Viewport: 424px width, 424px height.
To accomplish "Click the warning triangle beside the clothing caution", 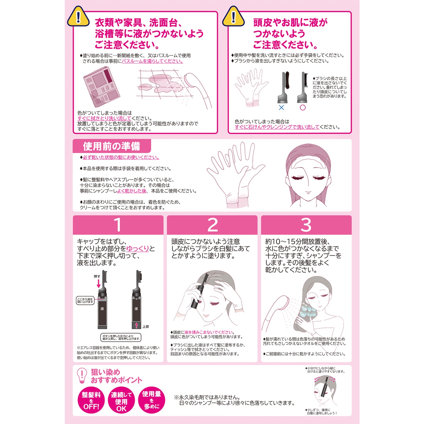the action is pos(78,17).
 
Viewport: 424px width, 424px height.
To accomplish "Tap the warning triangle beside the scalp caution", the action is pos(233,17).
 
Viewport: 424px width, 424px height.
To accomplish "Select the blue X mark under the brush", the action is pos(281,107).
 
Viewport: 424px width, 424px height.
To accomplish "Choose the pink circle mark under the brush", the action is pos(303,107).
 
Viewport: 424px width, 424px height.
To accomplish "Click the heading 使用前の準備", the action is pos(111,146).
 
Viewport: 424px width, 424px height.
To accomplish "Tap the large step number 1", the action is pos(118,225).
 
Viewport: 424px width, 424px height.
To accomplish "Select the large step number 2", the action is pos(213,225).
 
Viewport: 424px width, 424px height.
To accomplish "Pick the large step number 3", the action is pos(306,225).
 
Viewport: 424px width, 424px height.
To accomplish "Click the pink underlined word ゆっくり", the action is pos(138,249).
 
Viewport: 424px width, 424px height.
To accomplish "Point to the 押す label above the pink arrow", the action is pos(97,276).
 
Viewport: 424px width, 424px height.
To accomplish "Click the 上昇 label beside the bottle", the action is pos(146,327).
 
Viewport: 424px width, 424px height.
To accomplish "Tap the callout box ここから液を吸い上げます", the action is pos(85,300).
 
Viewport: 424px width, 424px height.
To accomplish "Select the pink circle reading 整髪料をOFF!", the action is pos(91,400).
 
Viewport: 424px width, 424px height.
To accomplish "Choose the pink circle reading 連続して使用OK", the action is pos(121,400).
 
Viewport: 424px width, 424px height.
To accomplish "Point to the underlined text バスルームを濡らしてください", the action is pos(152,61).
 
